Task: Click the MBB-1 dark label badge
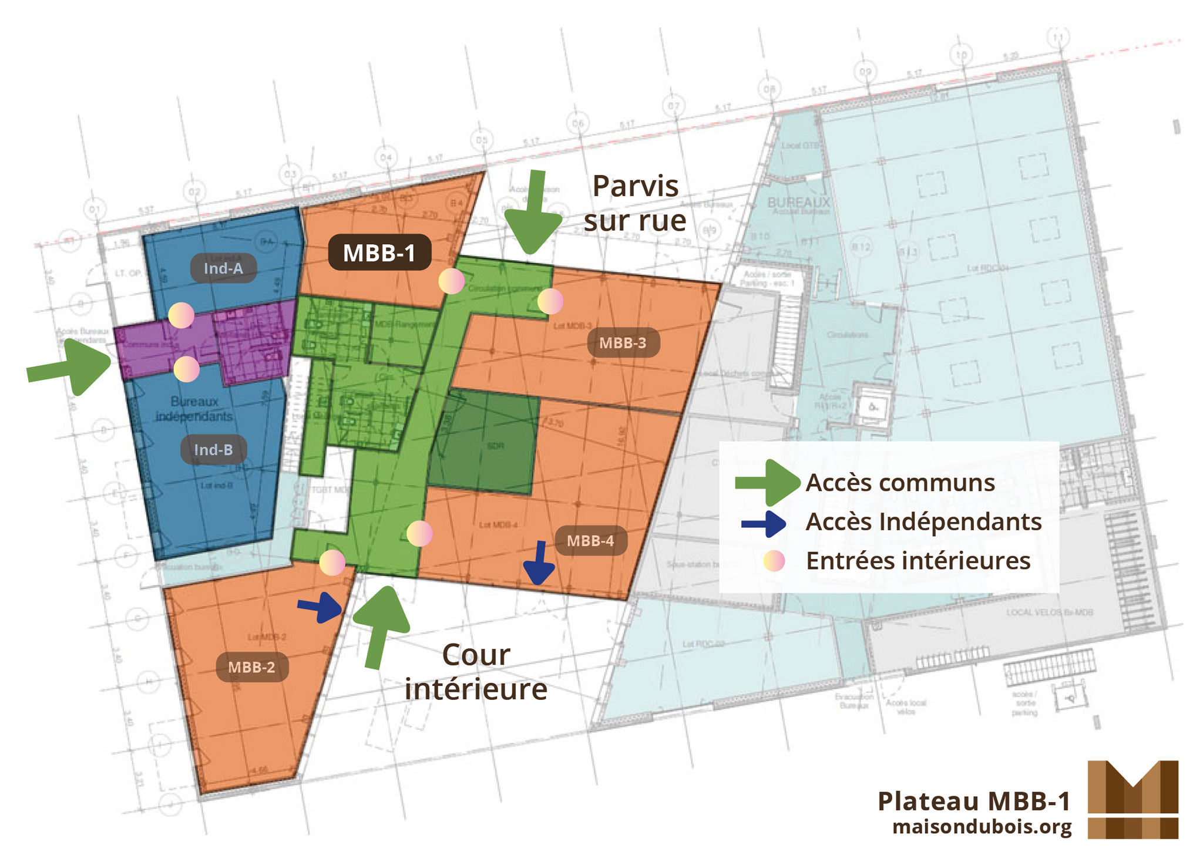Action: point(379,252)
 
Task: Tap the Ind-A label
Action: point(223,268)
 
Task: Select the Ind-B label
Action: point(213,450)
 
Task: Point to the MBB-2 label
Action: point(252,667)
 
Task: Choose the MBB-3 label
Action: point(623,343)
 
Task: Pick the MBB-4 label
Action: point(590,541)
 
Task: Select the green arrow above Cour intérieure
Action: point(381,625)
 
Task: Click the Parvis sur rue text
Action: point(635,203)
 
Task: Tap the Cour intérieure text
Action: point(476,672)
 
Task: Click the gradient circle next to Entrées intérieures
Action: point(774,561)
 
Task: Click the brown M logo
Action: point(1133,800)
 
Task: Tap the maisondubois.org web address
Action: point(982,827)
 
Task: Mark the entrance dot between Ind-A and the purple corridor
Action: point(181,315)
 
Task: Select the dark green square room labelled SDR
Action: point(484,444)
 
